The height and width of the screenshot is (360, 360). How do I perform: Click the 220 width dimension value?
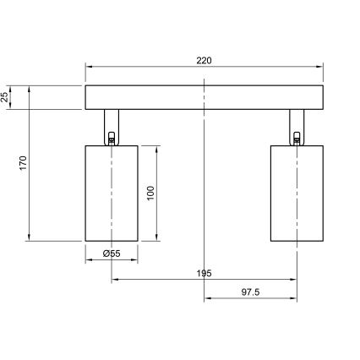tap(205, 61)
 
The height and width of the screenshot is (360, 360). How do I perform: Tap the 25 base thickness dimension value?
tap(6, 98)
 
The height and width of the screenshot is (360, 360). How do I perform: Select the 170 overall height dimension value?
tap(24, 161)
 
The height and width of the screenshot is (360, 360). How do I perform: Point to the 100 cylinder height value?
tap(150, 192)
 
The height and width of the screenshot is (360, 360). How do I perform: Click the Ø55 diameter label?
tap(111, 253)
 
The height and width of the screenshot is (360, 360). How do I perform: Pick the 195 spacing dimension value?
tap(205, 273)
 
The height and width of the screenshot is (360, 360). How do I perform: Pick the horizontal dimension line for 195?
tap(161, 280)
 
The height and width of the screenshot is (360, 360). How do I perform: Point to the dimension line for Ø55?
tap(111, 260)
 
